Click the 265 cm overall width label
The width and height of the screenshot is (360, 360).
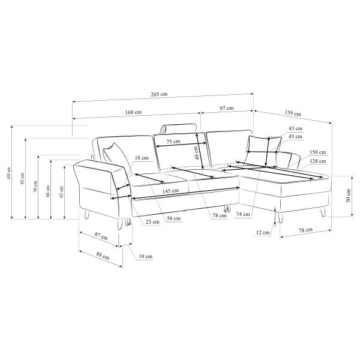pos(159,94)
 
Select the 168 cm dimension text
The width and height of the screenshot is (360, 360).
pos(133,112)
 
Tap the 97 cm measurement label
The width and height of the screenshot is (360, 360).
pos(227,108)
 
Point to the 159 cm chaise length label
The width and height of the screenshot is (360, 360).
pos(293,113)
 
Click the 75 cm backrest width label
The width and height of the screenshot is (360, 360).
pos(173,142)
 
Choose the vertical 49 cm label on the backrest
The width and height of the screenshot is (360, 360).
pos(196,153)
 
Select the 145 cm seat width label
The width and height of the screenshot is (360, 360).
pos(170,191)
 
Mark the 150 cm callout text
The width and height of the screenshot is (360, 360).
pos(317,152)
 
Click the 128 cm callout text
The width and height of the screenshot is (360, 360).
pos(317,161)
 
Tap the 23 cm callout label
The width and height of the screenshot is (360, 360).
pos(152,222)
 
